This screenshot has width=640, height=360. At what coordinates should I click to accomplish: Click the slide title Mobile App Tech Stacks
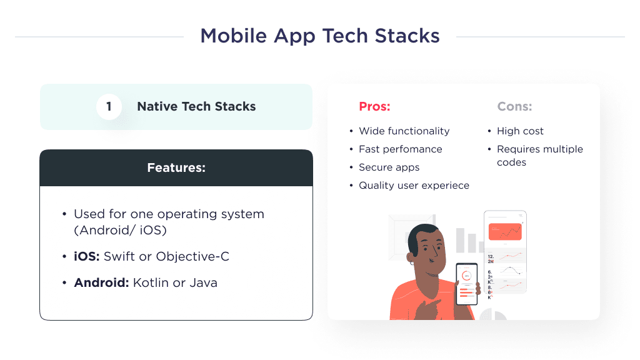(319, 36)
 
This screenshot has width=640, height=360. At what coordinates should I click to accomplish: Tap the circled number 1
(109, 107)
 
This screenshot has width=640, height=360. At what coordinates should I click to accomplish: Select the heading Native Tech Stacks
(196, 107)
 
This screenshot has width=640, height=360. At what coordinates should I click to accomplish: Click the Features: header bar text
(176, 167)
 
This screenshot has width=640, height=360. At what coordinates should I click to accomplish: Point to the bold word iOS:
(87, 257)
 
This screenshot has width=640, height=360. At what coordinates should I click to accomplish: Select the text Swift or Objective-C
(166, 257)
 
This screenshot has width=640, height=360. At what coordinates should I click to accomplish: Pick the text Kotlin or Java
(175, 282)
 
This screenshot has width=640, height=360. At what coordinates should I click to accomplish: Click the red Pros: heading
(374, 107)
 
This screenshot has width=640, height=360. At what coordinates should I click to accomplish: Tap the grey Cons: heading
(514, 107)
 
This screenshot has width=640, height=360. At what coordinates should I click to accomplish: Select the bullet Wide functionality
(404, 131)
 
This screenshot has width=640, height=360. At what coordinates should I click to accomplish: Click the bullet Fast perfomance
(400, 149)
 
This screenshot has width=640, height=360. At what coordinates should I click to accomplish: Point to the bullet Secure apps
(389, 167)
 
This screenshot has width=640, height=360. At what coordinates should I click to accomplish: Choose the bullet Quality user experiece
(414, 186)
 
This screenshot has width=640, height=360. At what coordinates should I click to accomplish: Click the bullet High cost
(520, 131)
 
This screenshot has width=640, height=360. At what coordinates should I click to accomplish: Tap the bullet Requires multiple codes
(539, 156)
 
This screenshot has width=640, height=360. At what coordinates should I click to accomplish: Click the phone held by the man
(467, 283)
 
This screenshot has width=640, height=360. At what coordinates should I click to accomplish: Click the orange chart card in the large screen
(505, 232)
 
